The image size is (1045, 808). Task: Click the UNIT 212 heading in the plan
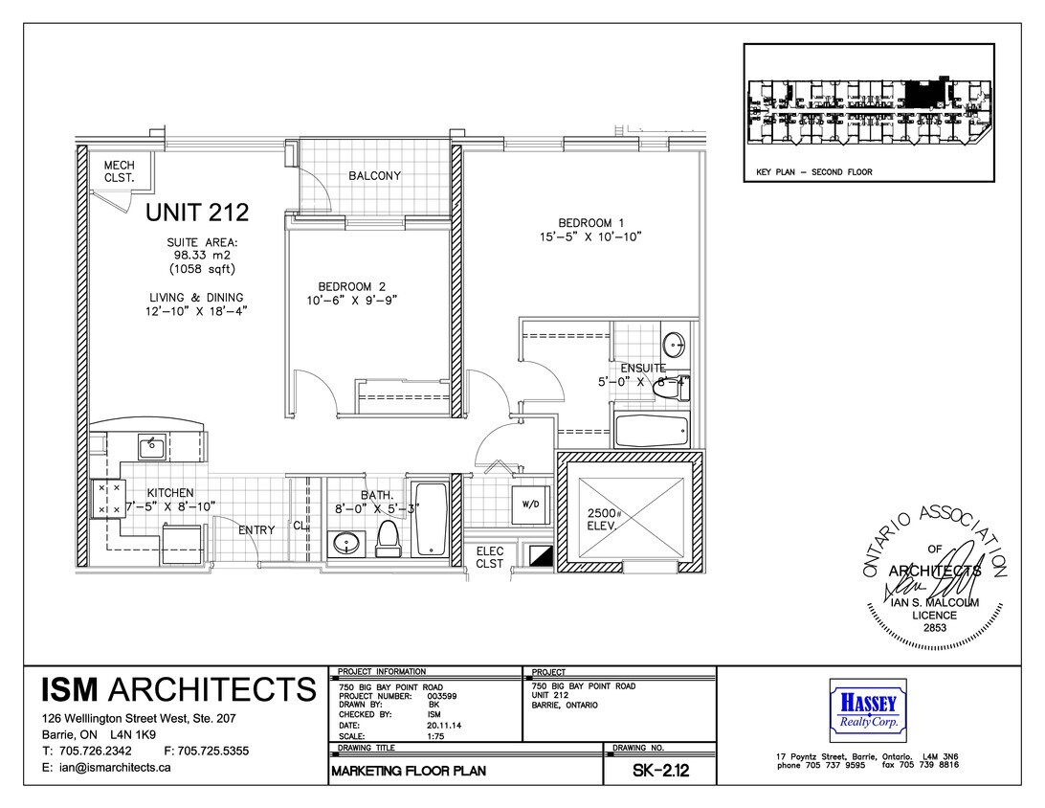click(197, 212)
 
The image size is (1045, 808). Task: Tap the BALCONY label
click(374, 176)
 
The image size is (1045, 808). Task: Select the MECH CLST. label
click(120, 171)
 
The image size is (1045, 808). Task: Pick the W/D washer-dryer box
click(530, 504)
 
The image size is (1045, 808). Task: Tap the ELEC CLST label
click(490, 558)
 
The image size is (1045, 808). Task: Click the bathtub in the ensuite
click(651, 431)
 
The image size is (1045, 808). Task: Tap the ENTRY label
click(256, 530)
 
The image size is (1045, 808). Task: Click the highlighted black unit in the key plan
click(921, 94)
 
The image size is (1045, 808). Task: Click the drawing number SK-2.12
click(659, 771)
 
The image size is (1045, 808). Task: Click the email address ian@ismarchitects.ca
click(106, 768)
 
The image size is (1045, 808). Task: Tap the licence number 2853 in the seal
click(935, 628)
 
